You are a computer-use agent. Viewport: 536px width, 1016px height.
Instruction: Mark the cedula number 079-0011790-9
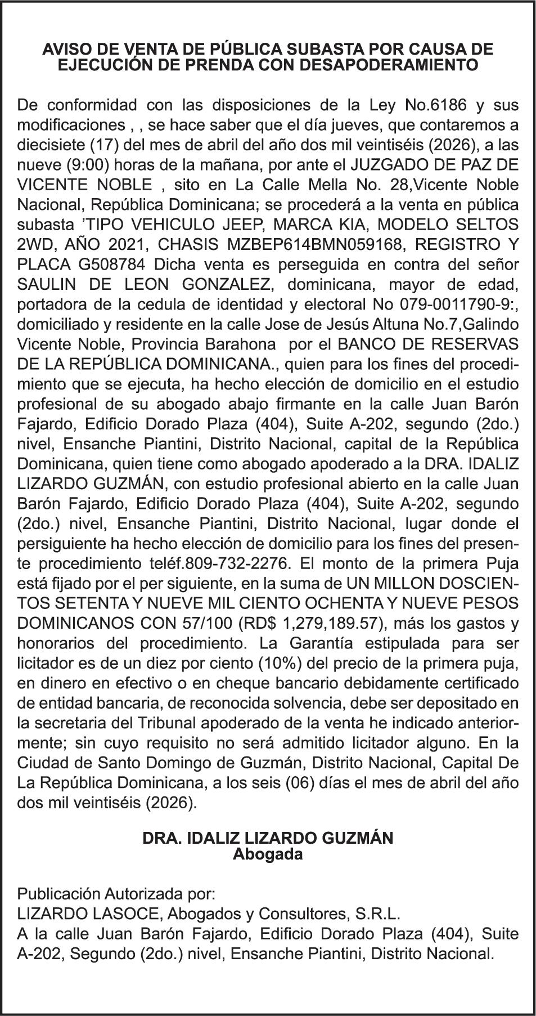(452, 305)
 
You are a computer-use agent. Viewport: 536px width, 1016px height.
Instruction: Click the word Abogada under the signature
(268, 854)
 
